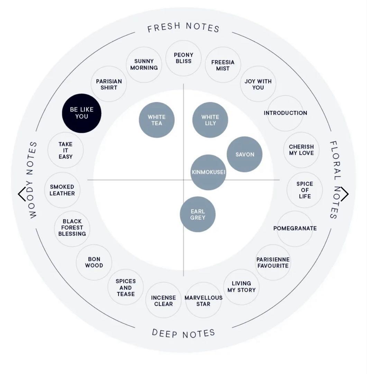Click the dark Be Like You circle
[82, 113]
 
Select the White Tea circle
[157, 120]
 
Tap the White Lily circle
[210, 120]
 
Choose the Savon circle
[245, 154]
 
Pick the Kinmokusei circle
[208, 172]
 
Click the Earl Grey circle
[198, 214]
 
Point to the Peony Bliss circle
[183, 58]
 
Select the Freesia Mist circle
[223, 65]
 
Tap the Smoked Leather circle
[62, 190]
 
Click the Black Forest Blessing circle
[72, 229]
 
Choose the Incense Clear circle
[163, 300]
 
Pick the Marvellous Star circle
[203, 300]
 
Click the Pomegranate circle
[295, 229]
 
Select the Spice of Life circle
[304, 190]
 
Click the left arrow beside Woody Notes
[21, 194]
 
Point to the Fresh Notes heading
[183, 27]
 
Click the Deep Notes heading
[183, 333]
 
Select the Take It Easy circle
[65, 150]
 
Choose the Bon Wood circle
[94, 262]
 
